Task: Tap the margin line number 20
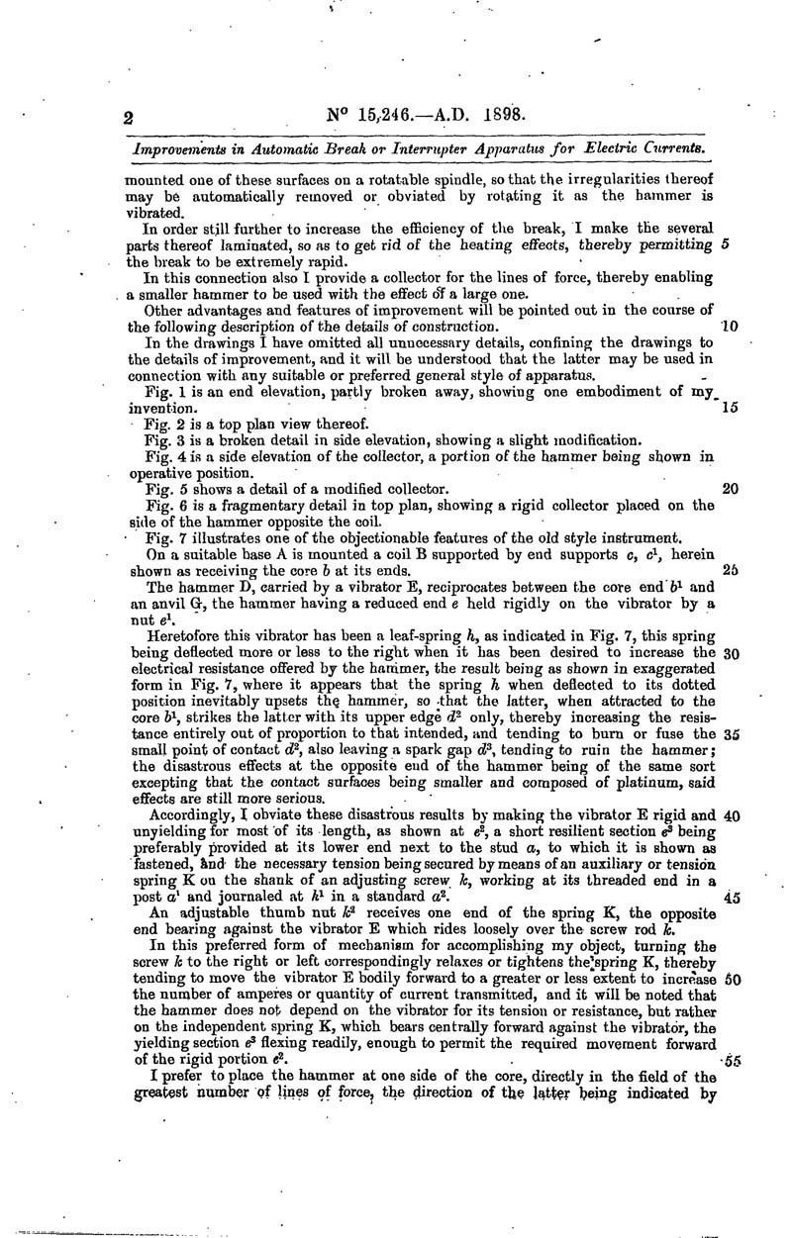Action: [731, 489]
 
